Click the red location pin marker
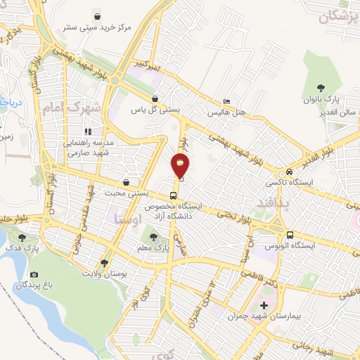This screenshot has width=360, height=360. (x=181, y=165)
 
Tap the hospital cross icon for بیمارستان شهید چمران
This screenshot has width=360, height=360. (x=264, y=305)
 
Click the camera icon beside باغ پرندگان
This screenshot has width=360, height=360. (x=34, y=274)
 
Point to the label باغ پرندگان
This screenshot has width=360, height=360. (x=34, y=286)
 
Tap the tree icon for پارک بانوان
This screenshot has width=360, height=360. (x=321, y=88)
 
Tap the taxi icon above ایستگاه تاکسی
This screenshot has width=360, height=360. (x=289, y=172)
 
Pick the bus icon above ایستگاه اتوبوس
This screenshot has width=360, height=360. (x=289, y=235)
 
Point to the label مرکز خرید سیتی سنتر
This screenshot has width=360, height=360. (x=96, y=28)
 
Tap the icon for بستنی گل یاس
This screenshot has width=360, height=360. (x=155, y=98)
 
